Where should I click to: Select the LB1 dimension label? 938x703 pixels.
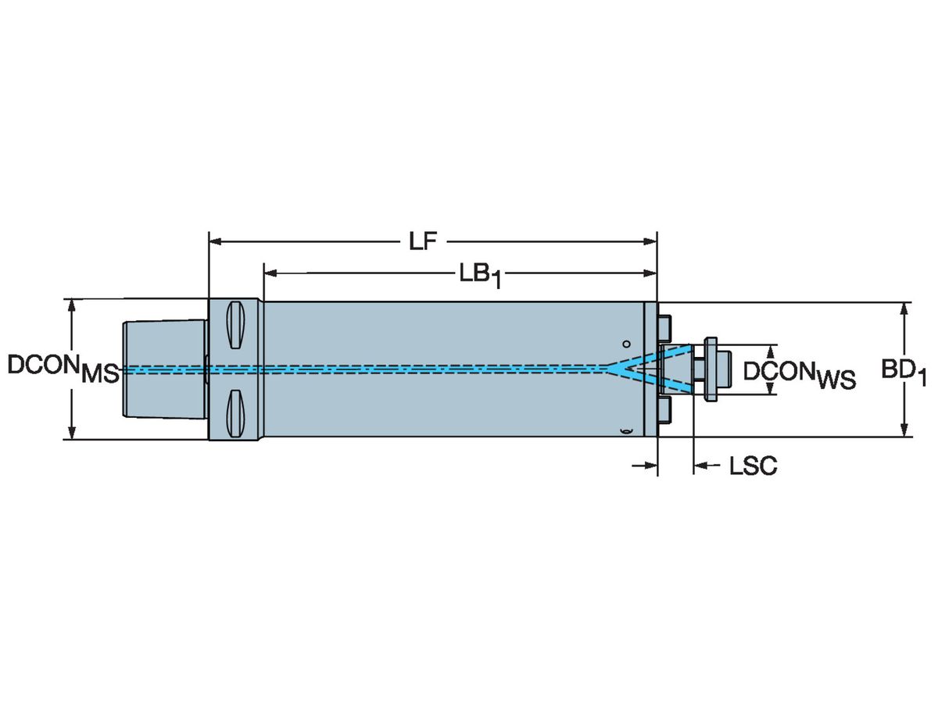coord(478,275)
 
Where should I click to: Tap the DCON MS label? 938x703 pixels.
coord(63,368)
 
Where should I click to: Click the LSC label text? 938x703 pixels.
coord(753,467)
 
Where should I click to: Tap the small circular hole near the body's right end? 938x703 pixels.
coord(625,343)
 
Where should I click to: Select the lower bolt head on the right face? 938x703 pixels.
coord(665,409)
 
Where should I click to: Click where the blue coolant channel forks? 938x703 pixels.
coord(611,366)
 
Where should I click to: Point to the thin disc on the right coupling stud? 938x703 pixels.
coord(711,369)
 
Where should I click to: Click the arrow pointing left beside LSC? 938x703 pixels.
coord(700,466)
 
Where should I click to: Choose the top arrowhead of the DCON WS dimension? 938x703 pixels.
coord(773,349)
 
